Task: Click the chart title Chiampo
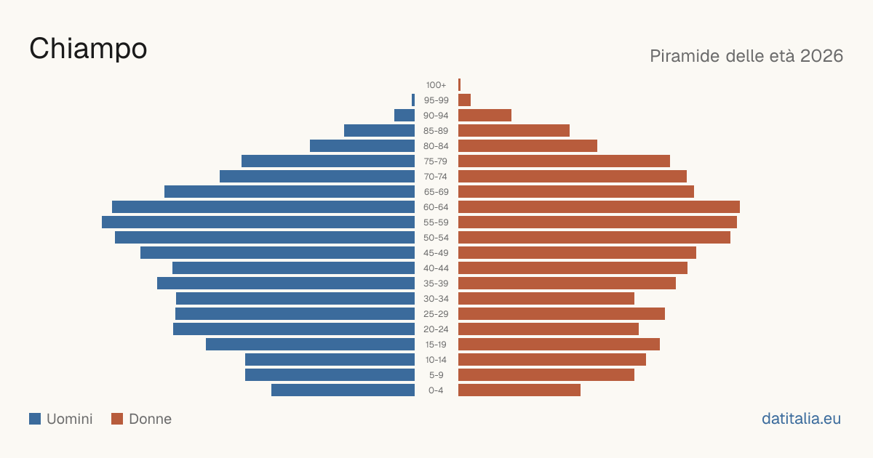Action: coord(88,49)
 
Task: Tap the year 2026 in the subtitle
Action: coord(821,56)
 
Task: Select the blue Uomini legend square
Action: coord(35,419)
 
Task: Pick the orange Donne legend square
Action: coord(117,419)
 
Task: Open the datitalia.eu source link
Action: coord(801,419)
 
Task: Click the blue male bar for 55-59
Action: coord(258,222)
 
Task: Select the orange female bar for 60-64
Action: coord(599,206)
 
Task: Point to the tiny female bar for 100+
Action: coord(460,85)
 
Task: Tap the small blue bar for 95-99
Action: coord(413,100)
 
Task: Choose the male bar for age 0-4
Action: coord(343,390)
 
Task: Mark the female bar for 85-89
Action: coord(514,130)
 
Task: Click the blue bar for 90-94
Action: coord(404,116)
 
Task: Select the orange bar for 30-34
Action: coord(546,298)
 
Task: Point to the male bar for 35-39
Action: coord(286,283)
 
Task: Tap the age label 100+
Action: coord(436,85)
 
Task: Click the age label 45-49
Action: coord(436,253)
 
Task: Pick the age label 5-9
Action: coord(436,375)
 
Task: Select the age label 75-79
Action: coord(436,161)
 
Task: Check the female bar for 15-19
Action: coord(559,345)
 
